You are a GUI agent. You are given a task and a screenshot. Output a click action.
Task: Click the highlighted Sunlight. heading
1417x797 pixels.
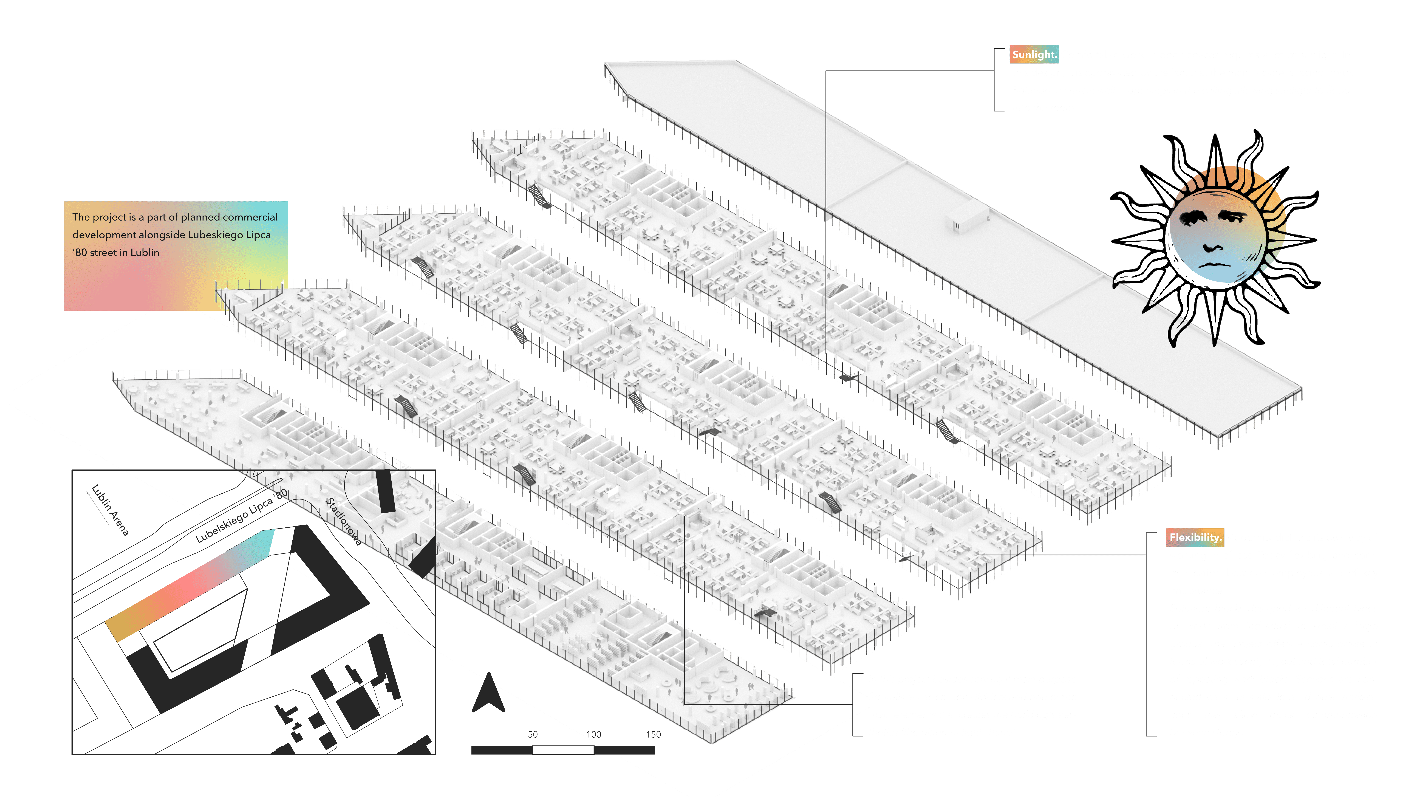point(1034,54)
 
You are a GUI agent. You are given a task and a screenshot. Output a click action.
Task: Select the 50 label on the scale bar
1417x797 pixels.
point(533,734)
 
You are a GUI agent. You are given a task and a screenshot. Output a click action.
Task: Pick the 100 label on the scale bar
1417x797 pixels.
point(593,734)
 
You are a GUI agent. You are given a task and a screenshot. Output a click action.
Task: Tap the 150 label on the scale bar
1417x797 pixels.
point(654,734)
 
